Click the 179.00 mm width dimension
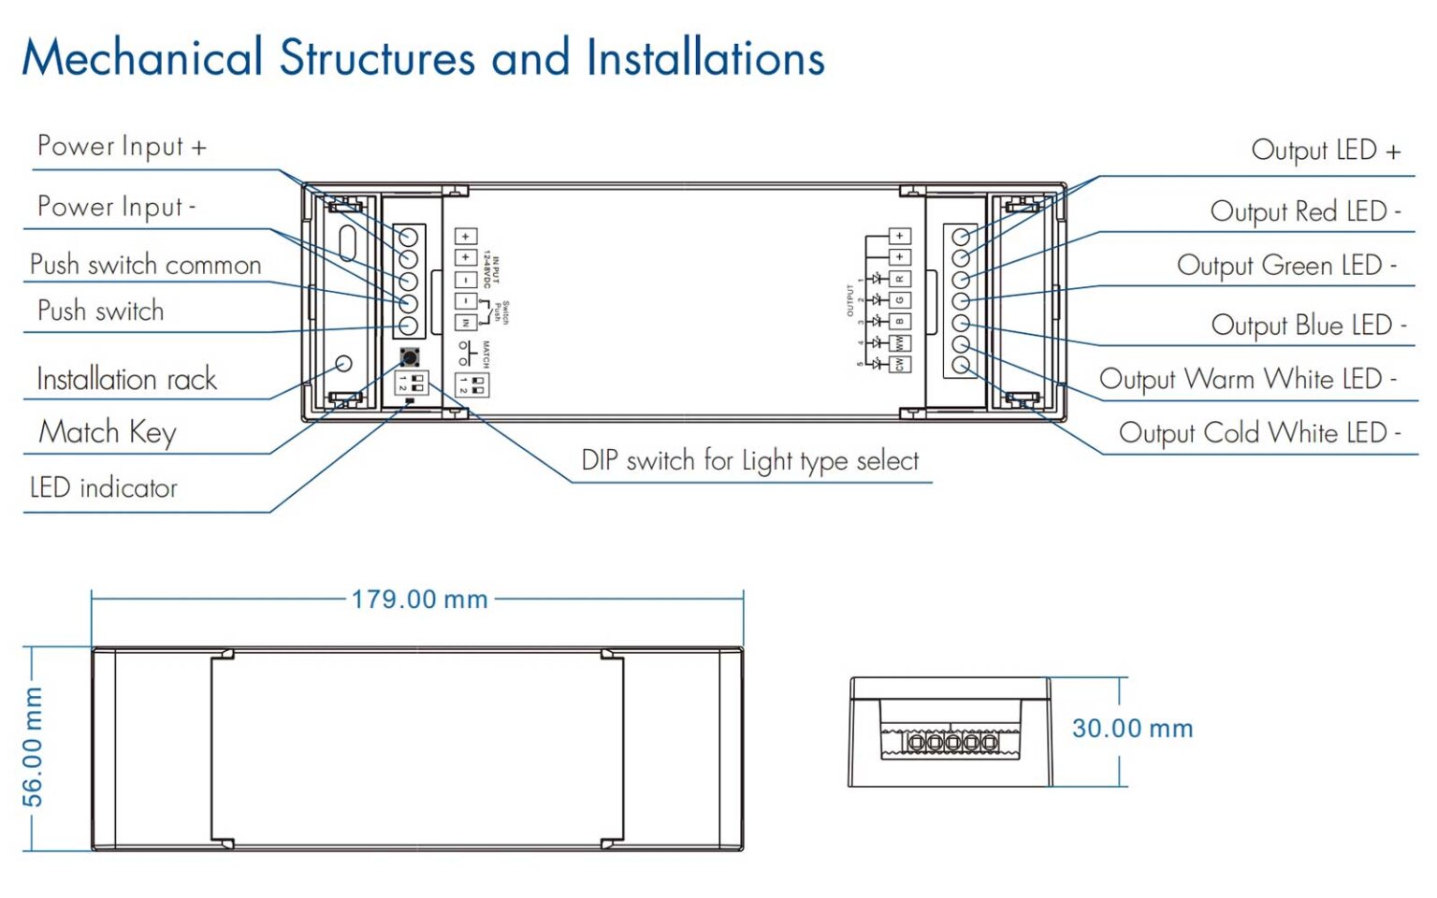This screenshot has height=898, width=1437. [419, 600]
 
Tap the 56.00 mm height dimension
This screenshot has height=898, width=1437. [33, 746]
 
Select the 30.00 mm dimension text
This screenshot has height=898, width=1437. [1132, 729]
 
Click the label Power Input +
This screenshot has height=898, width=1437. [122, 147]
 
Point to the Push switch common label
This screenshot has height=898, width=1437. [145, 266]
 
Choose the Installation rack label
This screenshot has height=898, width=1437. [126, 380]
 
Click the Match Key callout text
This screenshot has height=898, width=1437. [108, 433]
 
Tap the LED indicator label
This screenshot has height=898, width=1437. [103, 488]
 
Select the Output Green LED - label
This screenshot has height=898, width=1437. [1286, 267]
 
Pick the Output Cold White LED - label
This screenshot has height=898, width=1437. [1259, 434]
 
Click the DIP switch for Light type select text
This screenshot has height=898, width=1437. [749, 461]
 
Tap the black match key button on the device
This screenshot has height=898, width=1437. [409, 356]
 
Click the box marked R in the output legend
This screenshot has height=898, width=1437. [899, 279]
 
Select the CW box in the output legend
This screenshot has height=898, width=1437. [899, 364]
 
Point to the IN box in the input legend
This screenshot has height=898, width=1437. [465, 322]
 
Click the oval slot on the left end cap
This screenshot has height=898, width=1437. [347, 243]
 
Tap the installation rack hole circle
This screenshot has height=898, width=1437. [343, 363]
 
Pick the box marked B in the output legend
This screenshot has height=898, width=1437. [899, 321]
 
